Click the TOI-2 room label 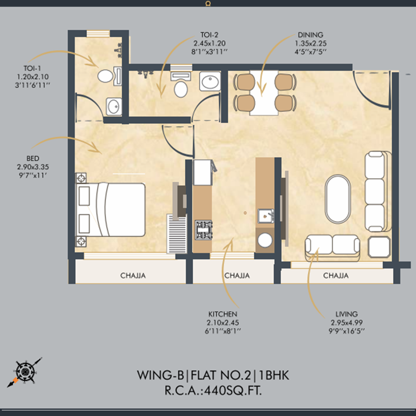tap(209, 35)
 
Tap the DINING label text tap(310, 35)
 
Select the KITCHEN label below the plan tap(223, 314)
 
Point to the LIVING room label tap(347, 314)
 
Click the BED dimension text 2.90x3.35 tap(33, 167)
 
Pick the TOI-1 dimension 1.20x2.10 tap(33, 77)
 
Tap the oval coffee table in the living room tap(338, 199)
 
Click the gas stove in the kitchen tap(203, 230)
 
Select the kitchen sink tap(265, 216)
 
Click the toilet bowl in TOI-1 tap(105, 76)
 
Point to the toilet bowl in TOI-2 tap(181, 89)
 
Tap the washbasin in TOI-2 tap(210, 81)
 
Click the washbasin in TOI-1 tap(114, 106)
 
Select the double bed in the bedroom tap(111, 209)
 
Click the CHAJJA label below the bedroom tap(133, 276)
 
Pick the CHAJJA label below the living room tap(335, 276)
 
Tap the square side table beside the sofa tap(379, 247)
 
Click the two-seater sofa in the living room tap(332, 246)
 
